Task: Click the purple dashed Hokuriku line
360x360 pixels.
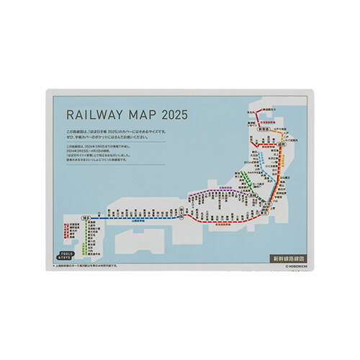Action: pos(209,192)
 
